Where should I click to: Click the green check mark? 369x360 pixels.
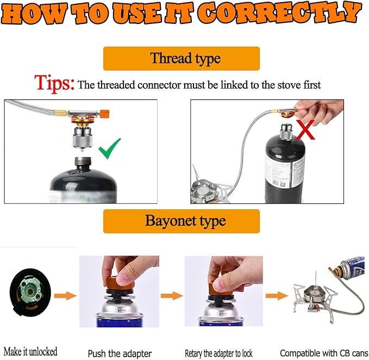coord(109,149)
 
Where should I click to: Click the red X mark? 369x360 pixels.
coord(305,130)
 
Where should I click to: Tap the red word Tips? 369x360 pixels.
coord(54,84)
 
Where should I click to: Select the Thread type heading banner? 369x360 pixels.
coord(182,58)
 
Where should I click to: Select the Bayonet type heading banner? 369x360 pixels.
coord(182,221)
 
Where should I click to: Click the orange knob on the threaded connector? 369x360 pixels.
coord(104,114)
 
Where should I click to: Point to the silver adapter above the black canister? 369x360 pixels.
coord(82,138)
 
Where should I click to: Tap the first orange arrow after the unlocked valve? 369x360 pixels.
coord(65,296)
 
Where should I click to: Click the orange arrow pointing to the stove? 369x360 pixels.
coord(277,296)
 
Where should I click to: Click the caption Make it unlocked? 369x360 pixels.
coord(30,351)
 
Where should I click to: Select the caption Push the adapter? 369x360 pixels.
coord(120,353)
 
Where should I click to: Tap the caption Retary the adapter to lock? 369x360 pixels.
coord(218,353)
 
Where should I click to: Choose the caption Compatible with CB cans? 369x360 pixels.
coord(324,353)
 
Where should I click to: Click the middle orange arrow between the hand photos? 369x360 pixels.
coord(172,296)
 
